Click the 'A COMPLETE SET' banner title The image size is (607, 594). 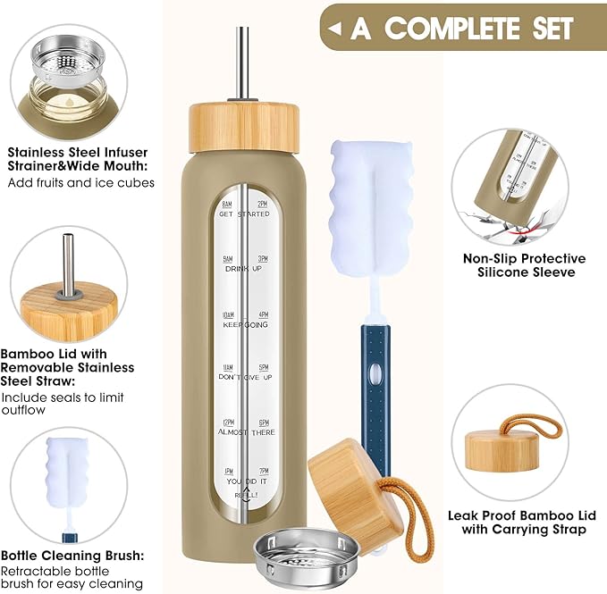point(461,28)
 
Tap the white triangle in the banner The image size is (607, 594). point(334,29)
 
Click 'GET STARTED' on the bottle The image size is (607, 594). point(244,214)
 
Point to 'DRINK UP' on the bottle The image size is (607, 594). point(244,268)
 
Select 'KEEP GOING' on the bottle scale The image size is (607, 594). point(244,323)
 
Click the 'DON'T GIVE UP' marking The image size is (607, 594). point(244,377)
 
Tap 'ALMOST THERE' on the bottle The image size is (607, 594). point(244,431)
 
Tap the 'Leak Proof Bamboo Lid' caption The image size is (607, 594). point(518,523)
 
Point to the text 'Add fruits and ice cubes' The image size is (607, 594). point(81,183)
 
